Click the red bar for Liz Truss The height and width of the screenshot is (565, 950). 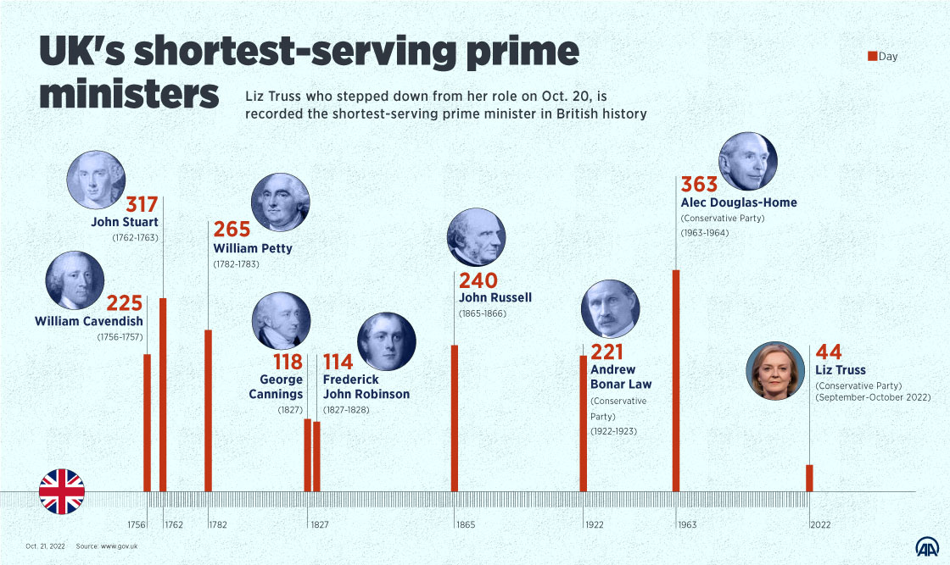point(809,478)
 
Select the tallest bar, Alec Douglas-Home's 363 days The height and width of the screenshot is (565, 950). point(676,380)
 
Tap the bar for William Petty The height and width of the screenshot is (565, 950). point(208,410)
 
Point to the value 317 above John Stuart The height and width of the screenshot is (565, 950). point(142,205)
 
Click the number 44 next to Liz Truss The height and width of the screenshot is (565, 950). point(830,352)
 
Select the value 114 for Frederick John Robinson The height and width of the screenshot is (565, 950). point(338,363)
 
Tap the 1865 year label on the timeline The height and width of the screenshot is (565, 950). point(466,525)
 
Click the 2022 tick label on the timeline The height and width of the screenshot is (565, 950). point(820,525)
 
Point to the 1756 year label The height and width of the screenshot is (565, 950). point(137,525)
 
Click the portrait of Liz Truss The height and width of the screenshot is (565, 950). point(775,370)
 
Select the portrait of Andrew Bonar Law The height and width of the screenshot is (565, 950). point(610,309)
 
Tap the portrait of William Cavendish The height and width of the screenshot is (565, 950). point(75,280)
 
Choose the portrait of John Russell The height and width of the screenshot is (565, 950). point(476,238)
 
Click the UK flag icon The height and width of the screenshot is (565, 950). point(62,492)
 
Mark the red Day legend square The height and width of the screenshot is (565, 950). point(871,57)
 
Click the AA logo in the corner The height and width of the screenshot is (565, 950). point(926,547)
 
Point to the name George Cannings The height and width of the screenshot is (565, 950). point(276,387)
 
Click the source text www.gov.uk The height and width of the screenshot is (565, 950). point(119,546)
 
